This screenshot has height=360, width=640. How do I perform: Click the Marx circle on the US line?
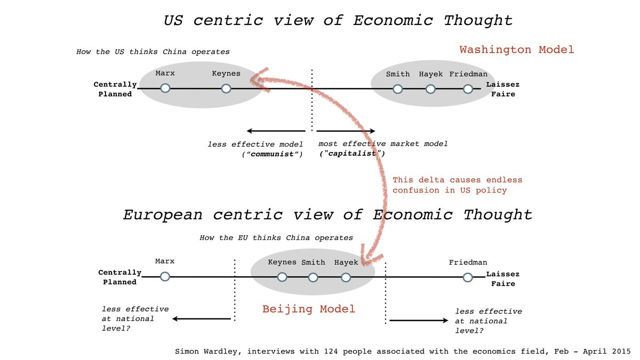pyautogui.click(x=165, y=89)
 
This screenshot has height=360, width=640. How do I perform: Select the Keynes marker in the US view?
pyautogui.click(x=226, y=89)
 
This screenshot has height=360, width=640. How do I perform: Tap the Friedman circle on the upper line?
pyautogui.click(x=468, y=89)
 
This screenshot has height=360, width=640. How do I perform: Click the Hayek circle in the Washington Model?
pyautogui.click(x=430, y=89)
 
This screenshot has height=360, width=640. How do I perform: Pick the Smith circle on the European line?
pyautogui.click(x=313, y=277)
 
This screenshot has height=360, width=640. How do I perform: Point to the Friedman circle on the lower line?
pyautogui.click(x=468, y=277)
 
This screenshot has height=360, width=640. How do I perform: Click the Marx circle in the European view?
pyautogui.click(x=165, y=276)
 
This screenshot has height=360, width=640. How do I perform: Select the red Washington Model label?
pyautogui.click(x=517, y=50)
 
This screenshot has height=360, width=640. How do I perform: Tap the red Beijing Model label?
pyautogui.click(x=309, y=309)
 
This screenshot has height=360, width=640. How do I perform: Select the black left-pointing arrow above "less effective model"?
pyautogui.click(x=275, y=131)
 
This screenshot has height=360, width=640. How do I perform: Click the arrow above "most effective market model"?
pyautogui.click(x=346, y=131)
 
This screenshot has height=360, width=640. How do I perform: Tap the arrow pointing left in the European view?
pyautogui.click(x=203, y=319)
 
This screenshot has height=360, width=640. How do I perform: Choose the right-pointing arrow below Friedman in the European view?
pyautogui.click(x=419, y=321)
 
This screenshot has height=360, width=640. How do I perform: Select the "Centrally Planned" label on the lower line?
pyautogui.click(x=119, y=277)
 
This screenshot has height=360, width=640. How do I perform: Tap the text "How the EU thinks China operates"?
pyautogui.click(x=276, y=238)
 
